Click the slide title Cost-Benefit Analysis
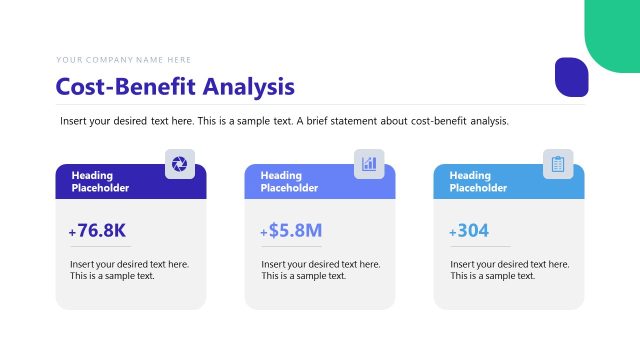tap(175, 87)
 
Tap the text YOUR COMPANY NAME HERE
tap(124, 60)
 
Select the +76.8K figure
tap(98, 231)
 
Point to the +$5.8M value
tap(291, 231)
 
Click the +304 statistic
tap(469, 231)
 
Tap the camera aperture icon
tap(179, 164)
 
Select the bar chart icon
tap(369, 164)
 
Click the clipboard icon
tap(558, 164)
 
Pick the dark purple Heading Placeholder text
tap(100, 181)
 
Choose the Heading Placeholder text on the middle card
tap(289, 181)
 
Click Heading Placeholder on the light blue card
tap(478, 181)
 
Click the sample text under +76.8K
tap(129, 270)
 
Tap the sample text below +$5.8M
tap(320, 270)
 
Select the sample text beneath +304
tap(509, 270)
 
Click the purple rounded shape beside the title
tap(572, 78)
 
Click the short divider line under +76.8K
tap(100, 247)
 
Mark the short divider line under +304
tap(479, 247)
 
